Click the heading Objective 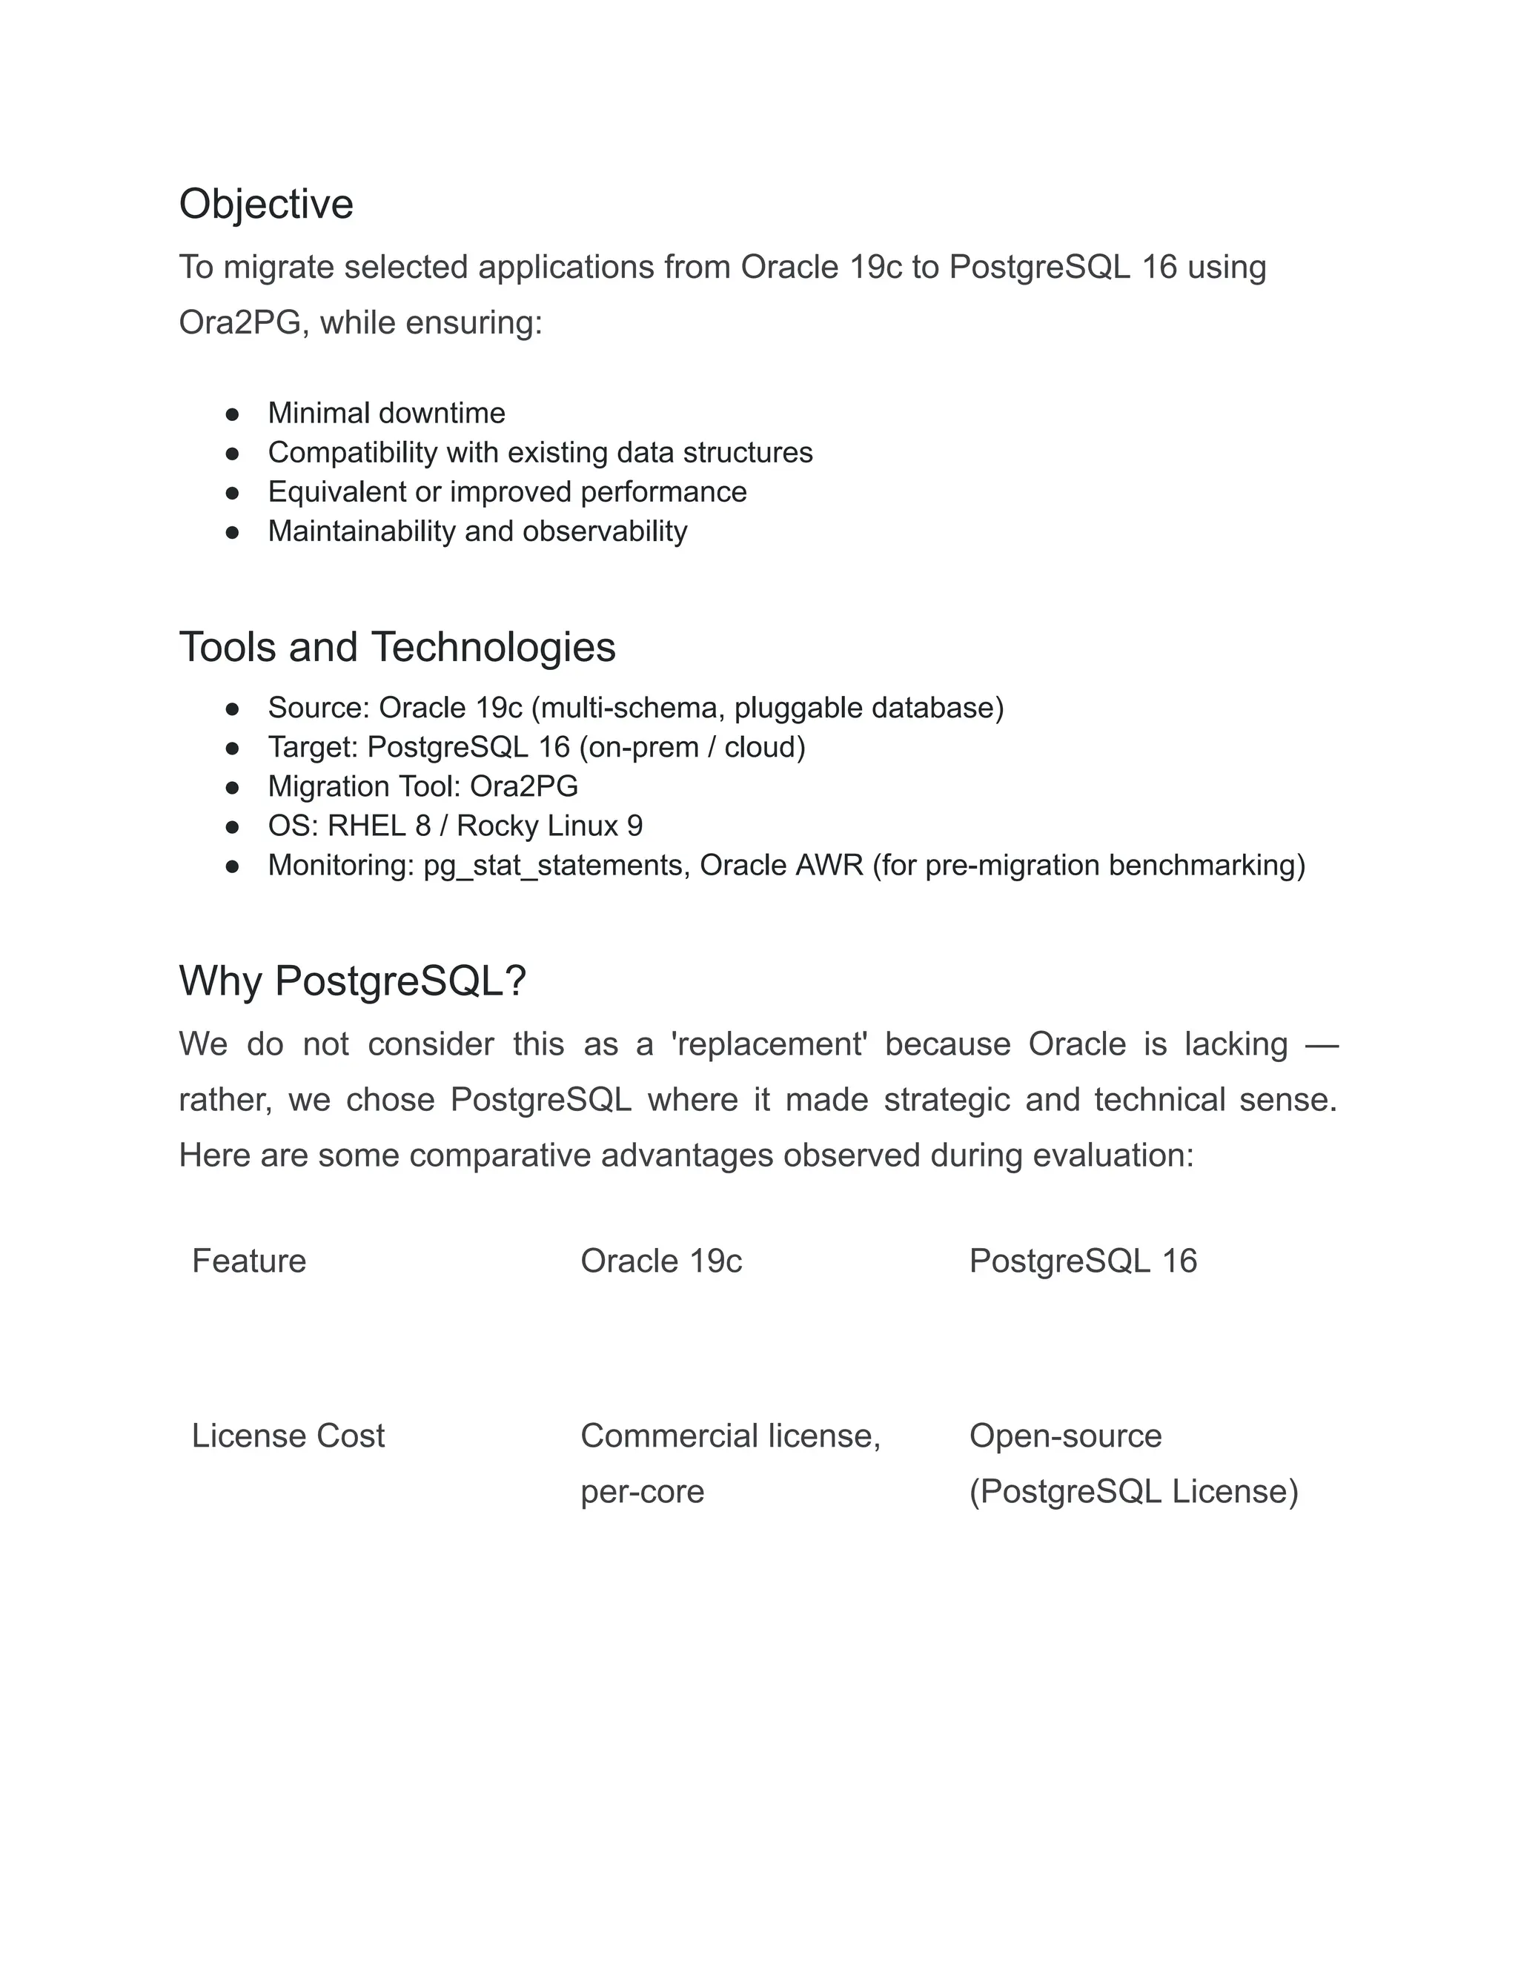tap(265, 204)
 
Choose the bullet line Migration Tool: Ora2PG tap(422, 787)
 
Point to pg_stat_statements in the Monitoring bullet tap(557, 865)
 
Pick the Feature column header tap(248, 1261)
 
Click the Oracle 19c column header tap(661, 1261)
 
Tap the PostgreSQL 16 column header tap(1083, 1261)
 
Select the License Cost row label tap(288, 1436)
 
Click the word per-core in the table tap(642, 1491)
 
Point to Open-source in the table tap(1065, 1436)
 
